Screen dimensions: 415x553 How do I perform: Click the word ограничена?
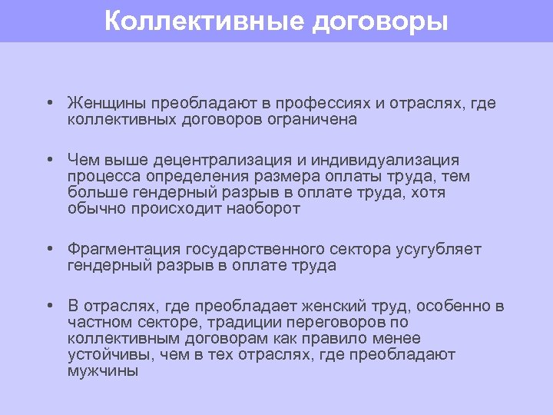click(x=310, y=119)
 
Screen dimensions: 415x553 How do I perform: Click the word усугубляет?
click(x=439, y=249)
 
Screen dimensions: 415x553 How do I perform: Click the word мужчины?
click(x=102, y=370)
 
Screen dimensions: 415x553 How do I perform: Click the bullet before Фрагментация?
click(x=48, y=250)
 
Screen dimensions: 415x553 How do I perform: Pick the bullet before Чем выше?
click(x=48, y=161)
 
